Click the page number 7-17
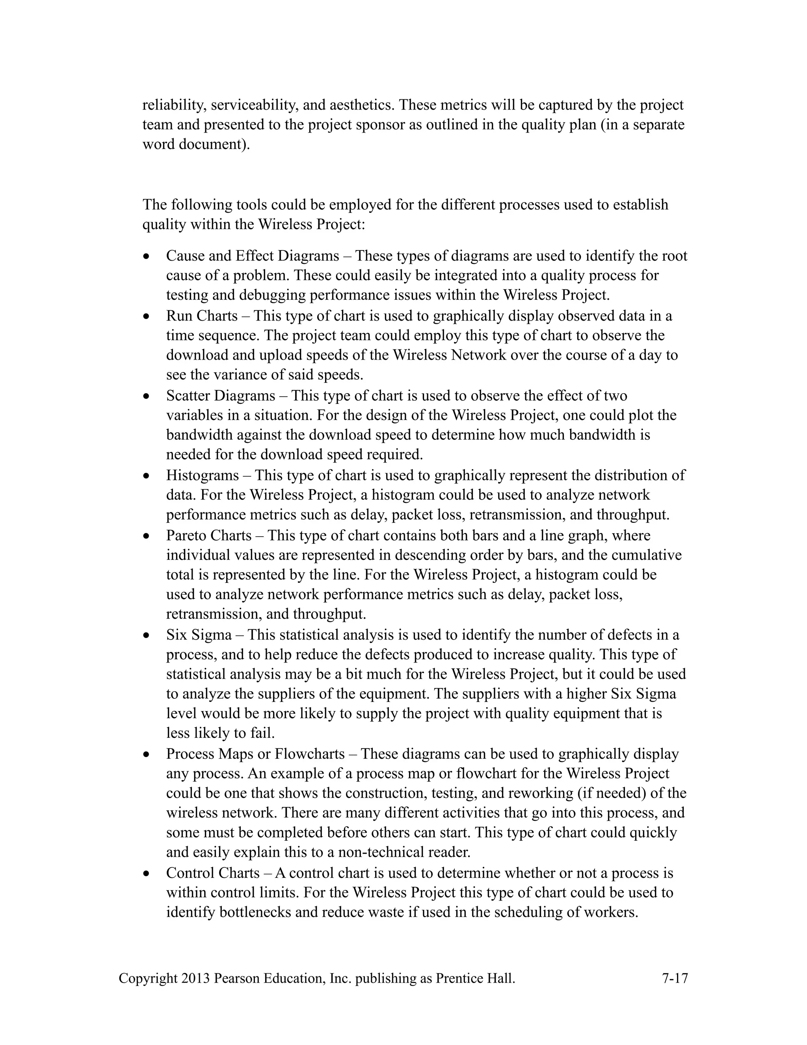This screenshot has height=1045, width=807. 675,978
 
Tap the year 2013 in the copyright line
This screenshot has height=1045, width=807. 195,978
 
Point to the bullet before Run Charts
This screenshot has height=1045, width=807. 146,317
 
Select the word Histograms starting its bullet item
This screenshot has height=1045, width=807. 202,475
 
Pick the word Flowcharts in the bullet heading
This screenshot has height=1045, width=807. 309,754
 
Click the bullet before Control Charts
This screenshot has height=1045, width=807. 146,874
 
